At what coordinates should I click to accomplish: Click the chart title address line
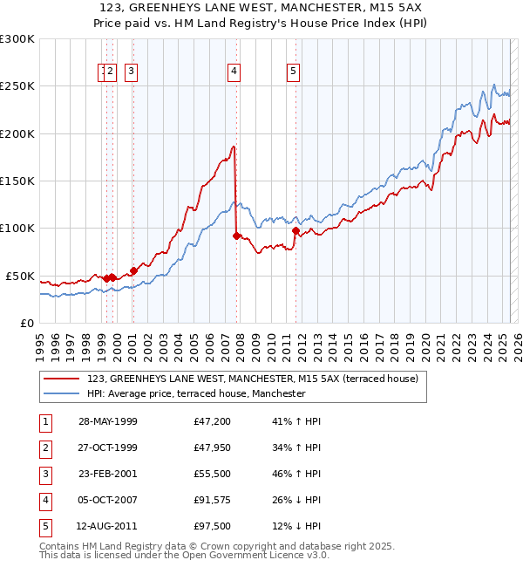pos(261,7)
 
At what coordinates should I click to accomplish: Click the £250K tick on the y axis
pos(17,86)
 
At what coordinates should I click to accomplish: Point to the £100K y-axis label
pos(17,228)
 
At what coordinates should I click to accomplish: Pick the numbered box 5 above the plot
pos(293,72)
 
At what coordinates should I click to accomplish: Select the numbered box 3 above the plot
pos(131,72)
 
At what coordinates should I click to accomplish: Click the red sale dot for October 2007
pos(236,236)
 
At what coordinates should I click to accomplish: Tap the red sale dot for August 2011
pos(295,231)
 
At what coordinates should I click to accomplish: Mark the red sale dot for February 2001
pos(133,270)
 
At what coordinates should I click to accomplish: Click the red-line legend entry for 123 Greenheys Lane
pos(253,379)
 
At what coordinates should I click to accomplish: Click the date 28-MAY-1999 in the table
pos(108,421)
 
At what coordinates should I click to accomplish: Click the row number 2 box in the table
pos(44,447)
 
